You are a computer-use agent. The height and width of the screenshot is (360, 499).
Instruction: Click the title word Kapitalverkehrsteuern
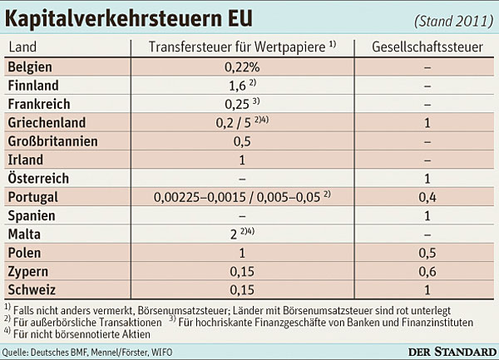tap(114, 18)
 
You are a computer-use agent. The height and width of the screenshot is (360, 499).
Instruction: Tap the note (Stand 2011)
tap(453, 22)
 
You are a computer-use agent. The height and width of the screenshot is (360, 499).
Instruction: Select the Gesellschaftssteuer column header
tap(427, 47)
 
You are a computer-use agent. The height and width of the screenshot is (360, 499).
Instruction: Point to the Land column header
tap(22, 47)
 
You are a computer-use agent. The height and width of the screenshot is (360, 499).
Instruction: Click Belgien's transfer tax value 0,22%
tap(242, 67)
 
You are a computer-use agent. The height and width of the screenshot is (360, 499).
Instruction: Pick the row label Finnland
tap(33, 86)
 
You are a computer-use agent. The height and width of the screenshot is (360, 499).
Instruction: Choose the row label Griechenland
tap(47, 123)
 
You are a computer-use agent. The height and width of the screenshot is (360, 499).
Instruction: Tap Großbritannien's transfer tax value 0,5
tap(242, 141)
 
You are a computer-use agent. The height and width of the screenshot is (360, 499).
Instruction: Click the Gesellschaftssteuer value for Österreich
tap(427, 179)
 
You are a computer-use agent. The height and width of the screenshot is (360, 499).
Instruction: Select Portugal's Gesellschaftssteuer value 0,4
tap(427, 198)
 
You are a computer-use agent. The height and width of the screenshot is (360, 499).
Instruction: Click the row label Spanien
tap(32, 216)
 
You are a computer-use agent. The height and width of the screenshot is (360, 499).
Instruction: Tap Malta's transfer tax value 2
tap(234, 234)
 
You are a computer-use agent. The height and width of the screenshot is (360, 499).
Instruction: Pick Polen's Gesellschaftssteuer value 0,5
tap(427, 253)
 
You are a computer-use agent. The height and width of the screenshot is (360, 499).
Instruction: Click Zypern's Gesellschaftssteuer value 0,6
tap(427, 272)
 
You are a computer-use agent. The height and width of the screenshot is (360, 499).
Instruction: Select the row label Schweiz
tap(32, 289)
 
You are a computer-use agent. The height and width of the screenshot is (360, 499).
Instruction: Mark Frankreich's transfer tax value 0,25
tap(237, 104)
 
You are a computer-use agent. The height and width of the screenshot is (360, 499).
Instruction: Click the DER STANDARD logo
tap(452, 352)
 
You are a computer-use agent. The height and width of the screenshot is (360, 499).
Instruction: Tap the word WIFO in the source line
tap(161, 353)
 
